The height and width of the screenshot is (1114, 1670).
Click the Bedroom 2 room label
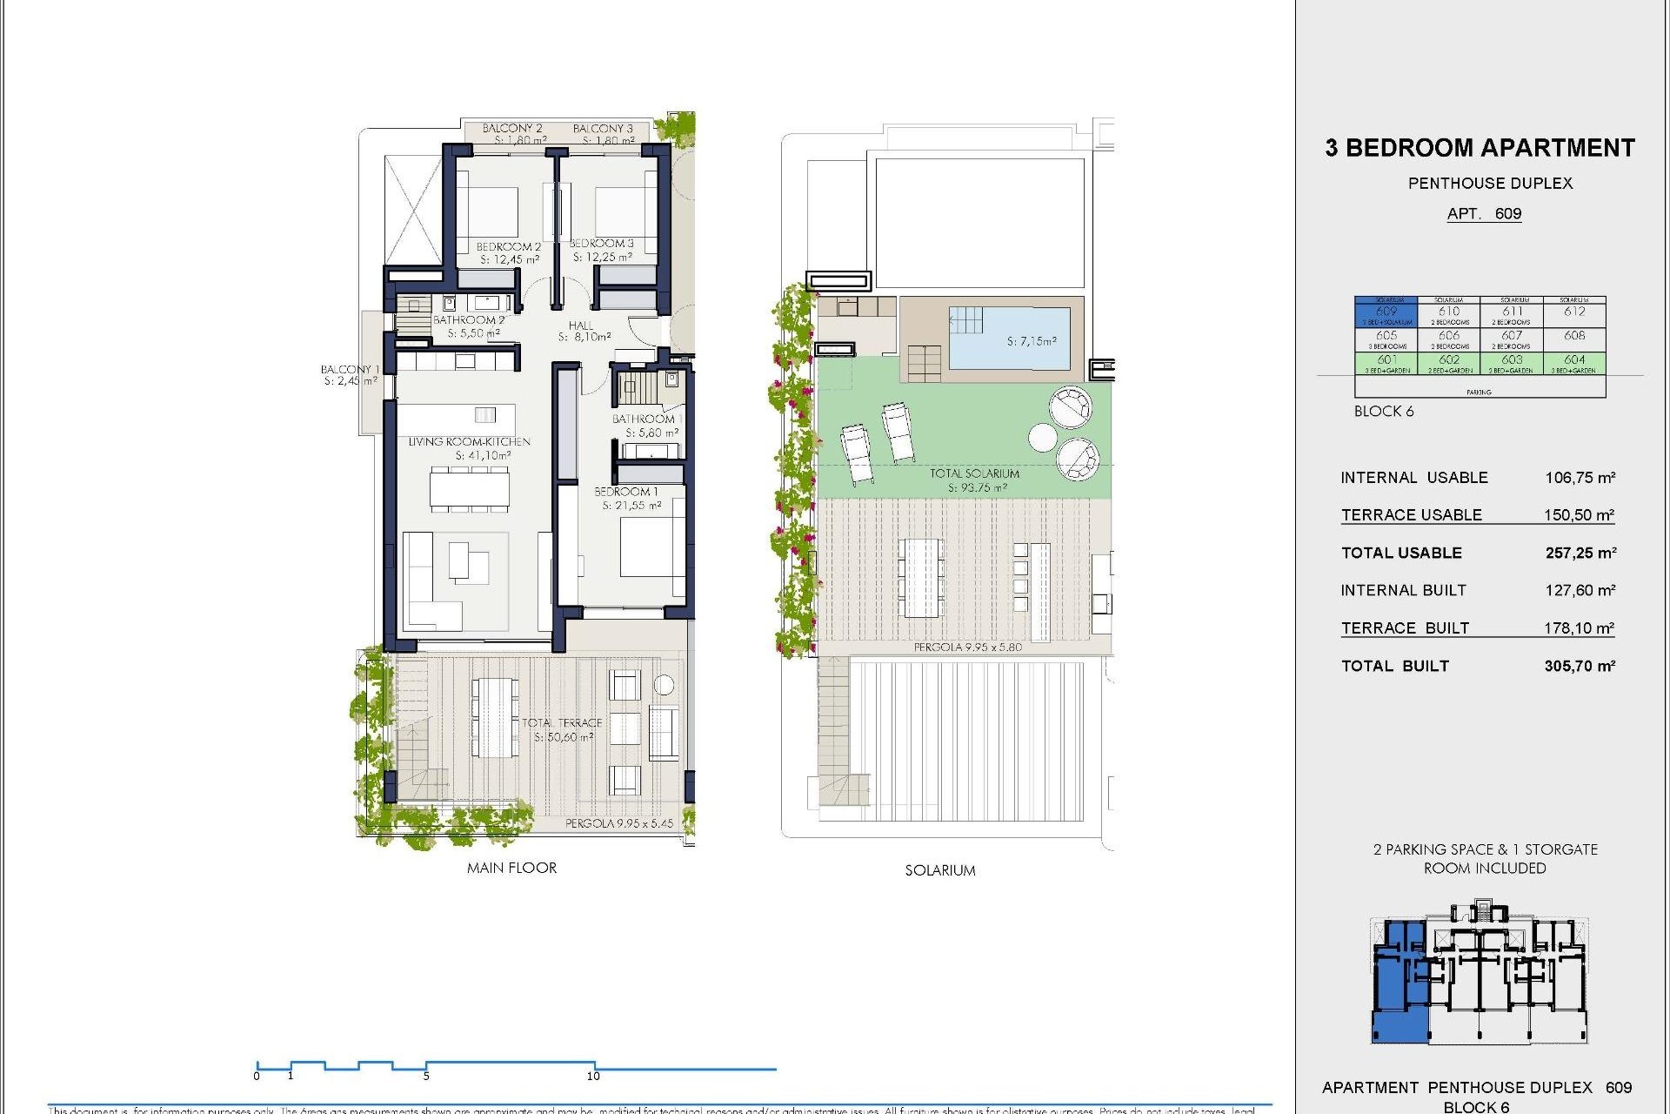point(508,246)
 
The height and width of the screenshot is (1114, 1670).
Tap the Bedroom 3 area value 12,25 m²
point(602,258)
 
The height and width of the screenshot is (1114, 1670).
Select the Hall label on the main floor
point(581,325)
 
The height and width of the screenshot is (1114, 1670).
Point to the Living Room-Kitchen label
point(469,441)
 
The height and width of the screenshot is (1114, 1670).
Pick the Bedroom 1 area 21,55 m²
point(631,506)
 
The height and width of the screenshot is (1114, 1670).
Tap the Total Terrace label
point(562,722)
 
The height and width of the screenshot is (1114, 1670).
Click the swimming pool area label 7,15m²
point(1032,341)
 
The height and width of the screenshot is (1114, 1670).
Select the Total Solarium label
point(974,473)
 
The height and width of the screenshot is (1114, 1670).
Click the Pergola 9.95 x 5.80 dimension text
point(967,648)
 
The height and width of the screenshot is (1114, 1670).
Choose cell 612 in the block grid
point(1574,312)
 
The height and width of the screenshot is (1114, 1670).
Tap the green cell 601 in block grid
point(1386,360)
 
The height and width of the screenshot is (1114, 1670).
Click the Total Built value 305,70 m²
point(1580,666)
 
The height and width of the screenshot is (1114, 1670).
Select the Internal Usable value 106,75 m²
point(1580,478)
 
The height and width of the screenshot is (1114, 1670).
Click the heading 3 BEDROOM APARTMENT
point(1480,148)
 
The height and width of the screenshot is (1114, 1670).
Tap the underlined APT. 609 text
point(1484,214)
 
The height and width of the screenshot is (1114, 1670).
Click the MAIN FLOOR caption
point(511,868)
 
